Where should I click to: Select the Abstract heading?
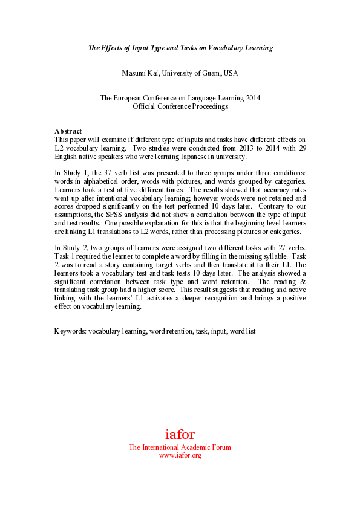pyautogui.click(x=68, y=131)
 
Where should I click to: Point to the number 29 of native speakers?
pyautogui.click(x=301, y=148)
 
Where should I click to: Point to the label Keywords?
pyautogui.click(x=70, y=332)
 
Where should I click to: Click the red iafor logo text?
pyautogui.click(x=180, y=434)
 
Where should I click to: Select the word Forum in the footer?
pyautogui.click(x=221, y=447)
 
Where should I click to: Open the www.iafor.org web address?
pyautogui.click(x=180, y=455)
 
